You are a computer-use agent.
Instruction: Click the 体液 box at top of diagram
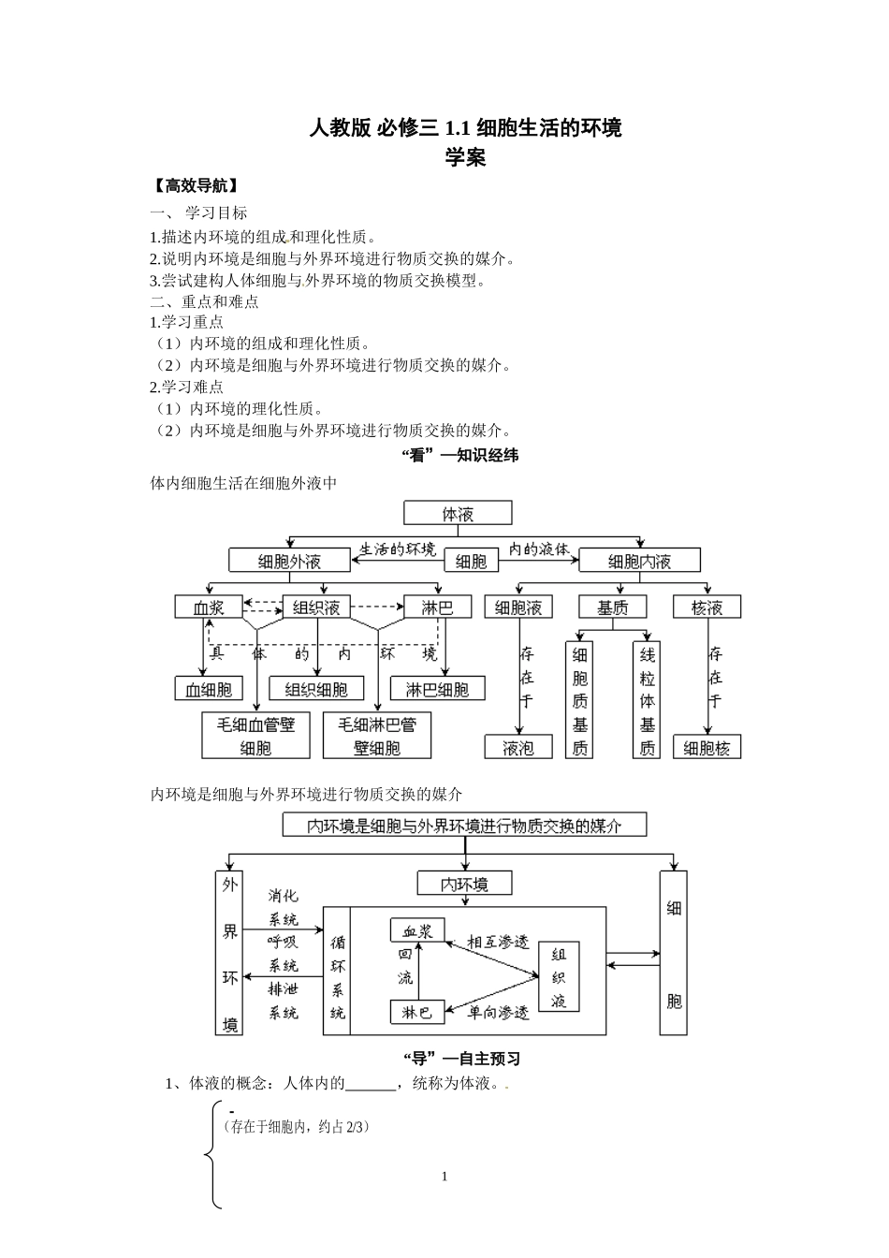point(458,513)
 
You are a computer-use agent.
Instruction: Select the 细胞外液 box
point(288,561)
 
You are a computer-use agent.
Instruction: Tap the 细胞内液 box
point(639,561)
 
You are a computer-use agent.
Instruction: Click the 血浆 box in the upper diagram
point(209,607)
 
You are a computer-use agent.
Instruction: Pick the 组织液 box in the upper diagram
point(316,607)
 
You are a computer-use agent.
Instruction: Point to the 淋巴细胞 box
point(437,690)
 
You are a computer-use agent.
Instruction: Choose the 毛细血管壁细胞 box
point(255,736)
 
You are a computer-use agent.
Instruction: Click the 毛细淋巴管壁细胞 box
point(377,736)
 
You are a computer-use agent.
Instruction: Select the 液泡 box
point(517,748)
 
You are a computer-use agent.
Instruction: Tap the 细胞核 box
point(707,748)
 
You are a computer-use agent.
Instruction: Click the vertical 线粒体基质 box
point(647,699)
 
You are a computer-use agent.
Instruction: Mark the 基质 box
point(613,607)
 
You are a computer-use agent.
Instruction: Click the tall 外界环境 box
point(229,953)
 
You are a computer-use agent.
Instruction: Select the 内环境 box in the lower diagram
point(465,884)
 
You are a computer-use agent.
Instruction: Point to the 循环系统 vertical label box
point(338,972)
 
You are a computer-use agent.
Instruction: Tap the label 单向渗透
point(498,1013)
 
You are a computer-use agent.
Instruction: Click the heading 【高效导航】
point(194,184)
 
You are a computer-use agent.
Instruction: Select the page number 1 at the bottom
point(444,1177)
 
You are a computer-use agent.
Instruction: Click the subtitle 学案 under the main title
point(465,157)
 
